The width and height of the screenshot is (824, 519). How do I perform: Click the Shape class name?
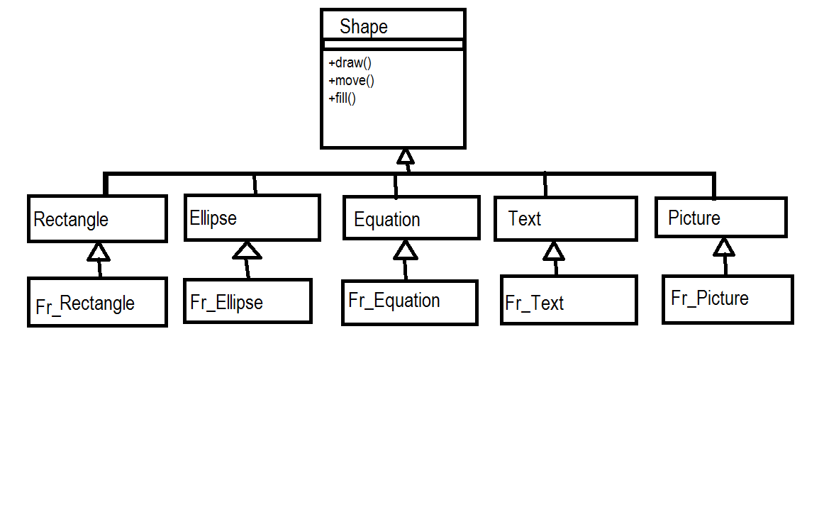(x=364, y=27)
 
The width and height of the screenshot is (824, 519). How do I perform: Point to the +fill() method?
(x=343, y=98)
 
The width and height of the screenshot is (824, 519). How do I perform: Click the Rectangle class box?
(x=97, y=219)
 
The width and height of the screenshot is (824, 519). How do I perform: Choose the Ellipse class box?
(x=252, y=218)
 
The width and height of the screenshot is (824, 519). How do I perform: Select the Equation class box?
(x=411, y=218)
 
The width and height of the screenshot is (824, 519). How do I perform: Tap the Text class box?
(x=565, y=219)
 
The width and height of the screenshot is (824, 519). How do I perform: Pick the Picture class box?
(x=720, y=218)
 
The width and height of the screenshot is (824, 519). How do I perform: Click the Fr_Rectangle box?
(x=97, y=302)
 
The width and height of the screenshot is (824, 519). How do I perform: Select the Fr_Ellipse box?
(x=247, y=301)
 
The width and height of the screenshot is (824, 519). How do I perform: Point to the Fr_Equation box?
(x=409, y=301)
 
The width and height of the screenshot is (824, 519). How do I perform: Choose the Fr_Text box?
(x=569, y=301)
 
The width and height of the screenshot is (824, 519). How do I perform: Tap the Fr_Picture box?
(x=728, y=299)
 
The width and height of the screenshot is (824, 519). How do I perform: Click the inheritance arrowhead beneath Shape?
(x=405, y=157)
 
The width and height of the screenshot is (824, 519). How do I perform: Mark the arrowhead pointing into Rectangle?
(x=99, y=252)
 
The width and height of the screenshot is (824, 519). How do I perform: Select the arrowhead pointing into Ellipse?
(x=247, y=250)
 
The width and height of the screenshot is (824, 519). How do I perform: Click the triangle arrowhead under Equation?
(x=405, y=250)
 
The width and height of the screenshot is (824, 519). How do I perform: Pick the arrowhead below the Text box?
(x=554, y=251)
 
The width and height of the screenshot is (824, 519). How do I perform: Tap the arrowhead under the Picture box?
(x=723, y=247)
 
